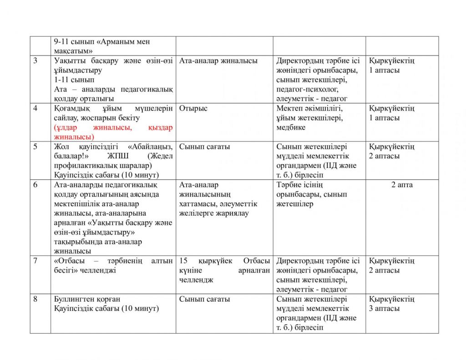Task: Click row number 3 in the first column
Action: point(35,61)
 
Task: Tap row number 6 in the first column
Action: point(35,185)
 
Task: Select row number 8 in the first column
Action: point(35,299)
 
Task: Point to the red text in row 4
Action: point(113,132)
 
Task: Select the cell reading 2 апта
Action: point(402,185)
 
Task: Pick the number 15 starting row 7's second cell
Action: point(183,261)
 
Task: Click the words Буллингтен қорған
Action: point(87,299)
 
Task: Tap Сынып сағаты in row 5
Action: point(204,147)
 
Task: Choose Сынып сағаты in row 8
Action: point(204,299)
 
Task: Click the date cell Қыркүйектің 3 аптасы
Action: point(391,304)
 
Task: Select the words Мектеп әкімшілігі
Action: point(309,108)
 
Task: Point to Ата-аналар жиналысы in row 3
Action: point(218,61)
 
